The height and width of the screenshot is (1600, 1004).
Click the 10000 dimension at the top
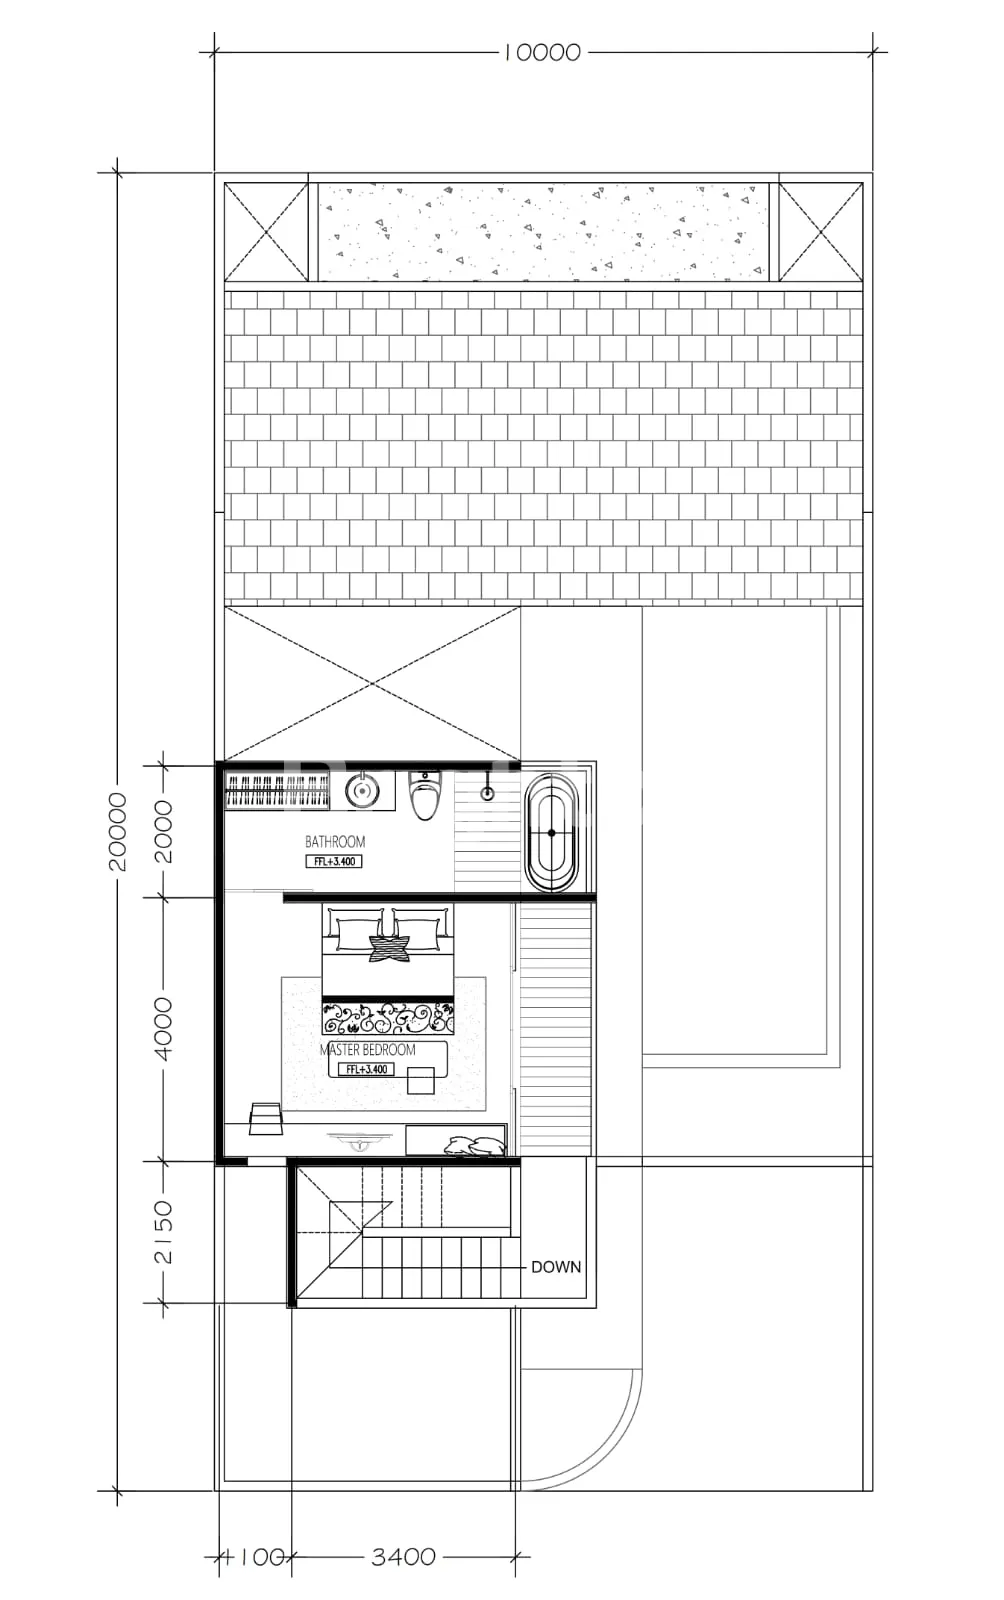pyautogui.click(x=542, y=53)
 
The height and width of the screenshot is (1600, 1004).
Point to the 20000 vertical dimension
pyautogui.click(x=117, y=831)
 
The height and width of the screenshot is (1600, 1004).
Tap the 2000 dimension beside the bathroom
pyautogui.click(x=164, y=831)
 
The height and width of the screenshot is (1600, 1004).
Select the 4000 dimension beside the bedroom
pyautogui.click(x=164, y=1029)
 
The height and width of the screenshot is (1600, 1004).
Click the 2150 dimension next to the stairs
pyautogui.click(x=164, y=1231)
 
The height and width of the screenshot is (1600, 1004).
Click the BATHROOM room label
pyautogui.click(x=335, y=841)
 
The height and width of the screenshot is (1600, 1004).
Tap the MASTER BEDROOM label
pyautogui.click(x=368, y=1049)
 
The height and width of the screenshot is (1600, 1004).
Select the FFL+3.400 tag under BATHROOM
pyautogui.click(x=334, y=861)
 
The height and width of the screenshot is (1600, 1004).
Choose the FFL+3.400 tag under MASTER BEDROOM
pyautogui.click(x=366, y=1069)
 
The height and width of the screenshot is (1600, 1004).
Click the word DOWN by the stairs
pyautogui.click(x=556, y=1267)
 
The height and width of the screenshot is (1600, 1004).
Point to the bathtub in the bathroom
pyautogui.click(x=551, y=833)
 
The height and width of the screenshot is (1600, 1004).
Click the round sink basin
pyautogui.click(x=362, y=789)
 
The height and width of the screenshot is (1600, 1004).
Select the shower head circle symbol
pyautogui.click(x=487, y=793)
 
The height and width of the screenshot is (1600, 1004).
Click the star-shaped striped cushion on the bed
pyautogui.click(x=391, y=948)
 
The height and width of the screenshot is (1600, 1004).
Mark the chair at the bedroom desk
pyautogui.click(x=266, y=1118)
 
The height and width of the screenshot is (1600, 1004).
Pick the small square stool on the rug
pyautogui.click(x=421, y=1079)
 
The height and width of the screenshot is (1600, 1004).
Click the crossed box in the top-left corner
pyautogui.click(x=266, y=232)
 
